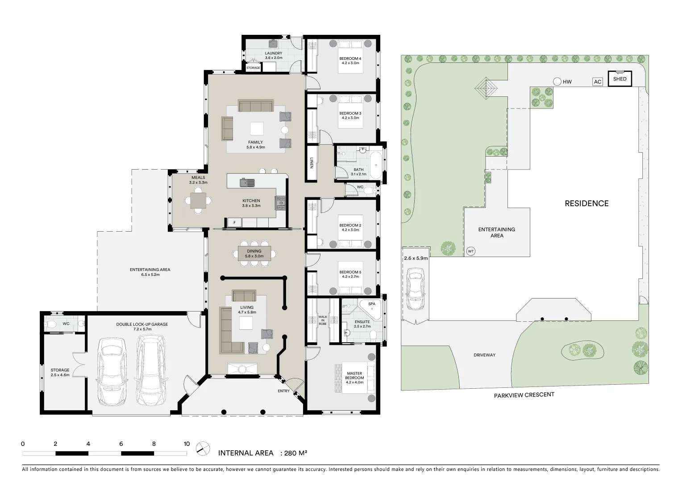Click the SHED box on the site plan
tap(620, 79)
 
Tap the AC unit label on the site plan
tap(597, 82)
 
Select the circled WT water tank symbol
tap(470, 251)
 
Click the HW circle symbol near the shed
tap(557, 82)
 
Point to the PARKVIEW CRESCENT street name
tap(524, 395)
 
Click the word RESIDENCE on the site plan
tap(586, 204)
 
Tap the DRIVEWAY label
tap(484, 355)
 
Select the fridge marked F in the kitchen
tap(234, 222)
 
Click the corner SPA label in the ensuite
tap(371, 304)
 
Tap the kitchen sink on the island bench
tap(247, 182)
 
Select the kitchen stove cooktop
tap(281, 203)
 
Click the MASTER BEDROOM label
tap(354, 378)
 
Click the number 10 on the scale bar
tap(187, 444)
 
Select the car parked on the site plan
tap(416, 290)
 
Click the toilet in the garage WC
tap(52, 324)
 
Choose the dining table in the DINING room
tap(254, 253)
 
